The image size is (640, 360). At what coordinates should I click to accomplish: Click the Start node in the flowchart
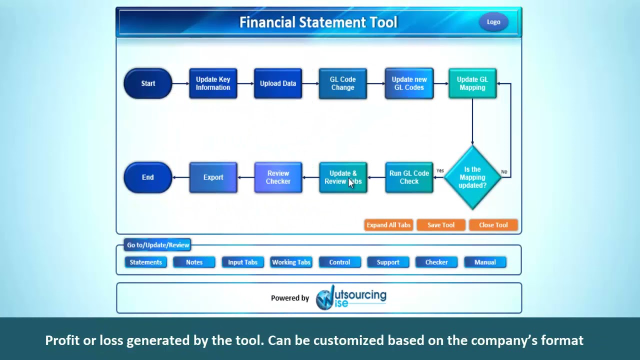pos(148,83)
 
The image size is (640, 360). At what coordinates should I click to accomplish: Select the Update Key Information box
pos(213,83)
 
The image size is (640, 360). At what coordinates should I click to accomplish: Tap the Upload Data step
pos(278,83)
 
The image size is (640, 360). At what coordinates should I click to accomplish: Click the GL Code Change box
pos(342,83)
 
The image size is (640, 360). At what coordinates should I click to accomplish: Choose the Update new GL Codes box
pos(409,83)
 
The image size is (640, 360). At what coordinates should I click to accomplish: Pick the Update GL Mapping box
pos(472,83)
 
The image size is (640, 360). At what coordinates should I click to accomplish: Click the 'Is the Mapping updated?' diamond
pos(472,177)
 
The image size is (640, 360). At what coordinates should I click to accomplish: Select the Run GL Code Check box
pos(409,177)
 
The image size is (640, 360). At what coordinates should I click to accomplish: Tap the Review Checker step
pos(278,177)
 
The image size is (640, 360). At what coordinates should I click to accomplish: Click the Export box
pos(213,177)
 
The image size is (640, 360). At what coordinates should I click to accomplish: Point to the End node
pos(148,177)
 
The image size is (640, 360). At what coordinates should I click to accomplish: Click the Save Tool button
pos(440,225)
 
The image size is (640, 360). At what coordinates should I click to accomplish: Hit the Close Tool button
pos(493,225)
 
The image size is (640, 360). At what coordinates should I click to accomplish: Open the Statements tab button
pos(145,262)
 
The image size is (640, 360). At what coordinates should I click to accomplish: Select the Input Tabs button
pos(242,262)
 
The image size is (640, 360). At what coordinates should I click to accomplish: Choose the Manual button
pos(485,262)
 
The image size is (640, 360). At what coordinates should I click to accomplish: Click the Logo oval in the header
pos(493,22)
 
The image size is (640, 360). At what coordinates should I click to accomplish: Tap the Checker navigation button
pos(436,262)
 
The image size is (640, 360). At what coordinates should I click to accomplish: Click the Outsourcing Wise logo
pos(351,298)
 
